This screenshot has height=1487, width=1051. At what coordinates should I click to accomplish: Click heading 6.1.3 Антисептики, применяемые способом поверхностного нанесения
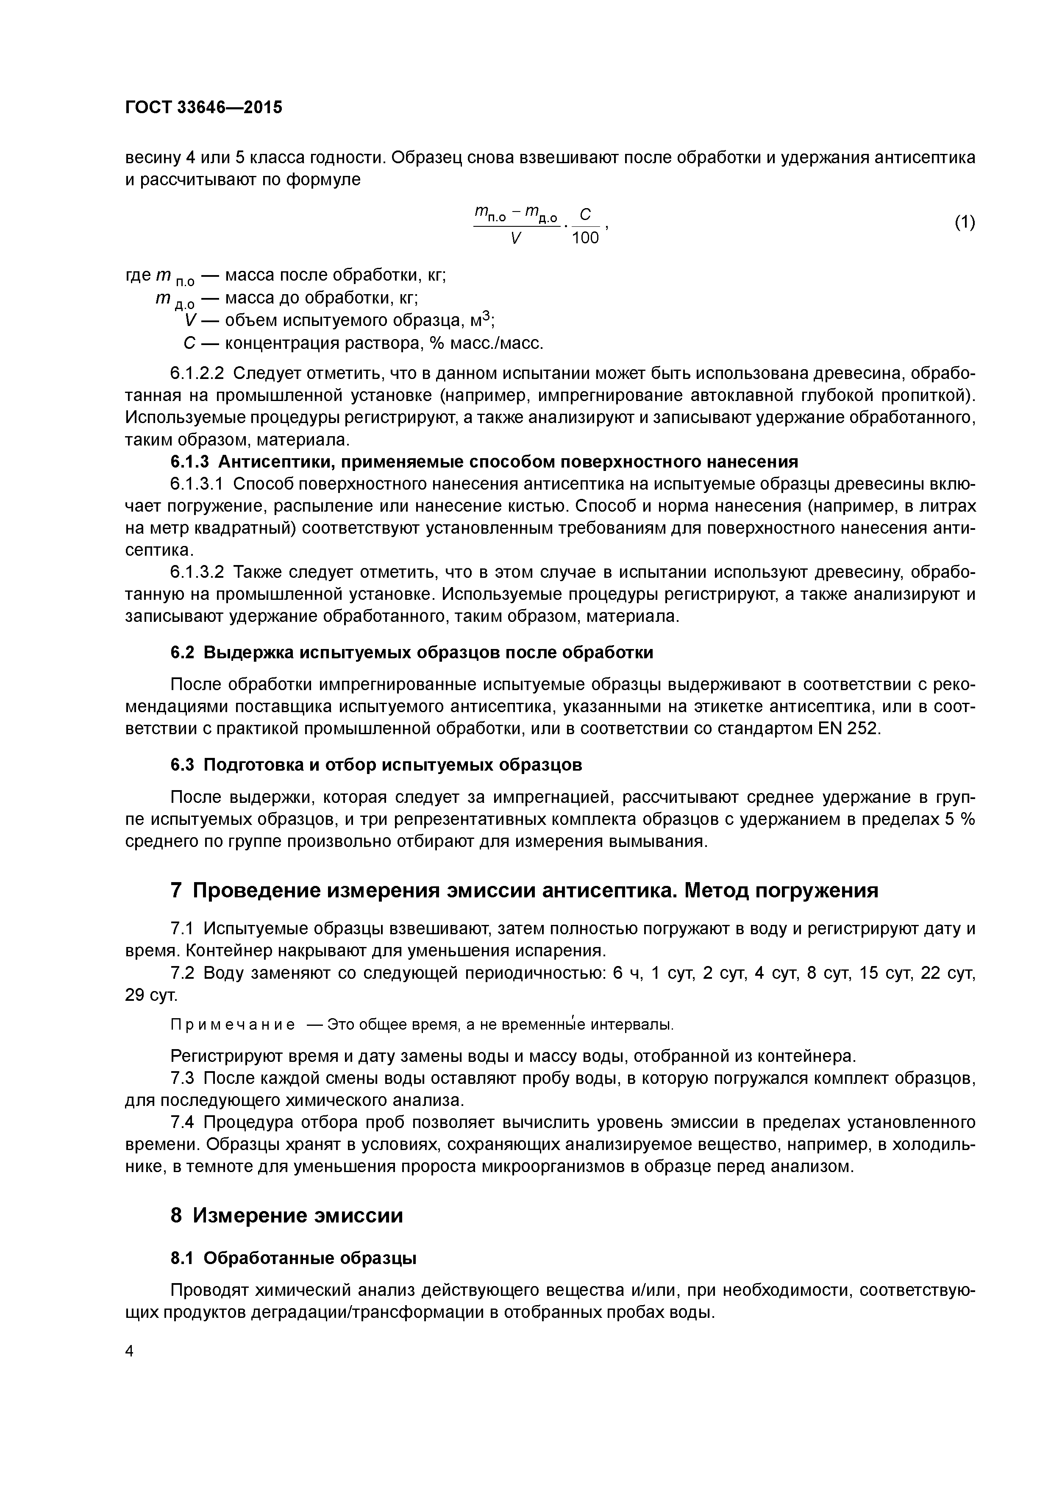(484, 462)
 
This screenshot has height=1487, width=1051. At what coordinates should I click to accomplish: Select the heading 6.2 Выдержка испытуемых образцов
(412, 652)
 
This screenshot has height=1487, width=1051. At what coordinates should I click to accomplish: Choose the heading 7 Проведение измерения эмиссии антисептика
(524, 891)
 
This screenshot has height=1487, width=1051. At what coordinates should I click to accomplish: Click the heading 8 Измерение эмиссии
(286, 1216)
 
